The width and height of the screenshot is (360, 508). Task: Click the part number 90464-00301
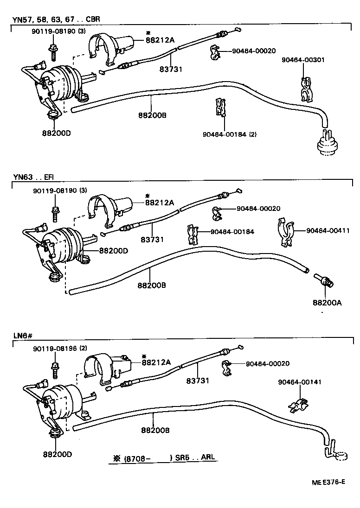click(x=302, y=60)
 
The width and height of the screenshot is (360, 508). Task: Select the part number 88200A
click(x=327, y=303)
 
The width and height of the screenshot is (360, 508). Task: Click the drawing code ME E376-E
click(x=328, y=482)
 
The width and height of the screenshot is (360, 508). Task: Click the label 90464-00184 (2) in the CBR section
click(x=229, y=134)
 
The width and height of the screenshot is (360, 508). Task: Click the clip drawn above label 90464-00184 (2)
click(x=221, y=108)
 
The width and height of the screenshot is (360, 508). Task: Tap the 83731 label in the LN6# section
click(x=198, y=380)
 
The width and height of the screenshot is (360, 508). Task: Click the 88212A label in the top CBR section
click(x=160, y=40)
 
